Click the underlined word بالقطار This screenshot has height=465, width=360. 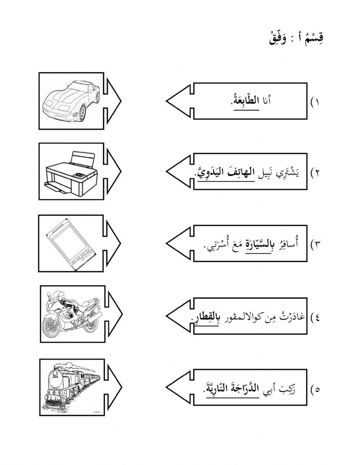tap(201, 317)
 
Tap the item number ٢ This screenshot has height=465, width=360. tap(316, 173)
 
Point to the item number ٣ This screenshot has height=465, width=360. tap(316, 245)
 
